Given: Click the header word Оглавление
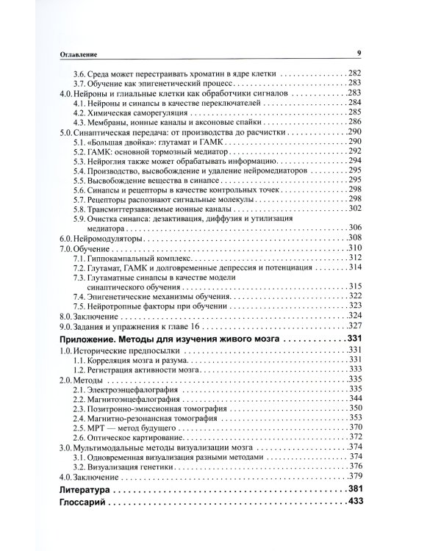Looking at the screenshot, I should click(x=81, y=54).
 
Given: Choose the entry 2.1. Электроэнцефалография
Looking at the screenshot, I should click(x=126, y=389).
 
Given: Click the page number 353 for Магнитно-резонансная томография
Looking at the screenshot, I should click(x=357, y=424).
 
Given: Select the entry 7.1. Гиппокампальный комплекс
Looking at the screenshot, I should click(x=135, y=262).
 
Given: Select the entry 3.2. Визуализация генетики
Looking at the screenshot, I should click(x=132, y=465).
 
